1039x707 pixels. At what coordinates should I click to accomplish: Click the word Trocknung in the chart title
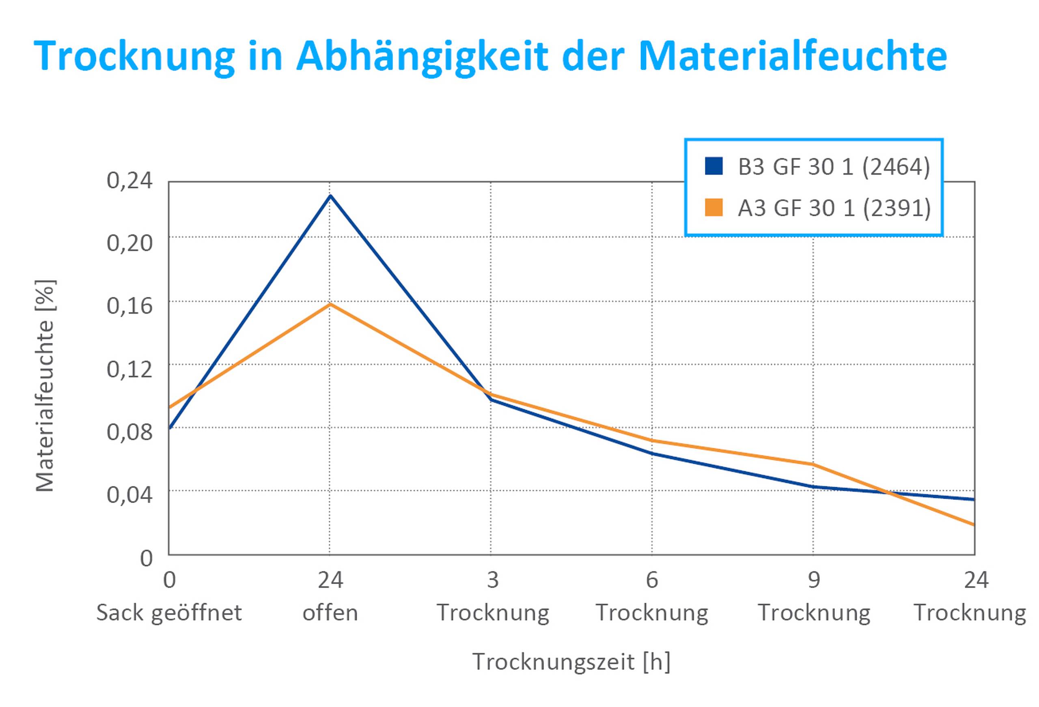134,57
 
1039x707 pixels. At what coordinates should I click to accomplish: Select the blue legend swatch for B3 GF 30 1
714,166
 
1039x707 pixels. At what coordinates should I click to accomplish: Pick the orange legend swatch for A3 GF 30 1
714,207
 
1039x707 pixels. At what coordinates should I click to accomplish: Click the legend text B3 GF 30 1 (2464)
834,167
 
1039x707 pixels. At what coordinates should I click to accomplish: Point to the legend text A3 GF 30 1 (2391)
834,208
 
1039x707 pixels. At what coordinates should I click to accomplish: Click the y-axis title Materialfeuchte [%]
45,386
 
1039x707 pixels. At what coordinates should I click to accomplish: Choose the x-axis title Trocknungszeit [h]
571,662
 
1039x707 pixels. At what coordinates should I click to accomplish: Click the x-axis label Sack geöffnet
169,613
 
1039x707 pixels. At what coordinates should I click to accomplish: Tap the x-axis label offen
330,613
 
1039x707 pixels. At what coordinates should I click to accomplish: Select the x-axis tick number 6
652,580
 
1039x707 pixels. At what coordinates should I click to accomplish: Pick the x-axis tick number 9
814,580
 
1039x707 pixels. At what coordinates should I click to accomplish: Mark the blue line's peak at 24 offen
330,196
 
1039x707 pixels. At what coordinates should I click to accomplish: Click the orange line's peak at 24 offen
330,304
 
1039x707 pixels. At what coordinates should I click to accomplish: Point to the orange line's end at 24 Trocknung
973,524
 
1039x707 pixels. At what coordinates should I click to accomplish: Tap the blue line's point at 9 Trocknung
813,487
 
